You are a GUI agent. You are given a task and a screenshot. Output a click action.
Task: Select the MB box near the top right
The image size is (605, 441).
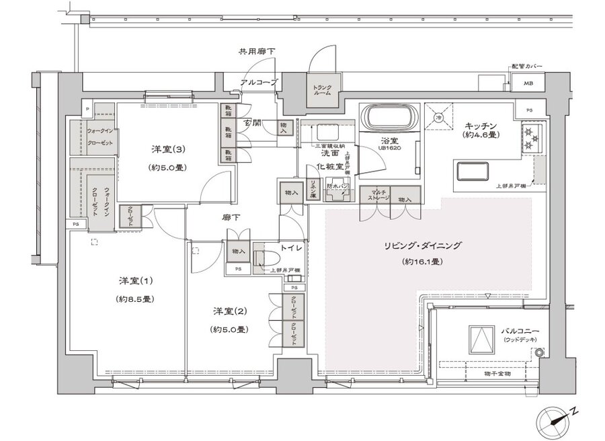pyautogui.click(x=524, y=85)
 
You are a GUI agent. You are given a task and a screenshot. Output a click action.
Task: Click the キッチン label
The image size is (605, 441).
pyautogui.click(x=480, y=126)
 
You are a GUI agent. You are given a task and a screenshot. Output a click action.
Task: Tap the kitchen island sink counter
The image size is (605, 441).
pyautogui.click(x=483, y=172)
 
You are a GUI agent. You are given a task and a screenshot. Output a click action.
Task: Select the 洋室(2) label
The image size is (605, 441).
pyautogui.click(x=231, y=311)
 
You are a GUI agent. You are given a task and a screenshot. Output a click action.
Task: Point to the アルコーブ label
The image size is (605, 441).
pyautogui.click(x=257, y=83)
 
